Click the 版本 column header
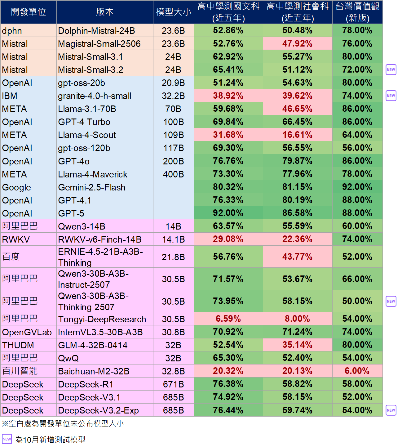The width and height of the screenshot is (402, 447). pos(105,12)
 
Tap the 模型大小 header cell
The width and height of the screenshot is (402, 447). pos(174,12)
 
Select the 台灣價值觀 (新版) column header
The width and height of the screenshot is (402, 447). pos(357,12)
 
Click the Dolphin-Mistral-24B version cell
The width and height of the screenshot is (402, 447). pos(96,31)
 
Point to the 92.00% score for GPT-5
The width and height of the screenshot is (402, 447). pos(228,213)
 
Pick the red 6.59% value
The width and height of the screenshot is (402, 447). pos(228,319)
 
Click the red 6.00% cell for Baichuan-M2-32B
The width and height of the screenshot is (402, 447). pos(357,371)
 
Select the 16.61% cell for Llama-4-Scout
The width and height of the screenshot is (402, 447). pos(297,135)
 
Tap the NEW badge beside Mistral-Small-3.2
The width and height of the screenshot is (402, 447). pos(391,70)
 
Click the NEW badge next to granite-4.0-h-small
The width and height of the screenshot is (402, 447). pos(391,96)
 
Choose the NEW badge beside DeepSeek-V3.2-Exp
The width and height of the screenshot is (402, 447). pos(391,410)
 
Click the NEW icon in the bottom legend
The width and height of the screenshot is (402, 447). pos(7,439)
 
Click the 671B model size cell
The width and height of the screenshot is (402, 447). pos(173,384)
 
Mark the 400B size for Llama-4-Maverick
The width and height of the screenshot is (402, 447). pos(173,174)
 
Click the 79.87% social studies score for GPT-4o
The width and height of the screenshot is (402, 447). pos(297,161)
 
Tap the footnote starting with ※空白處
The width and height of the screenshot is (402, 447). pos(63,424)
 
